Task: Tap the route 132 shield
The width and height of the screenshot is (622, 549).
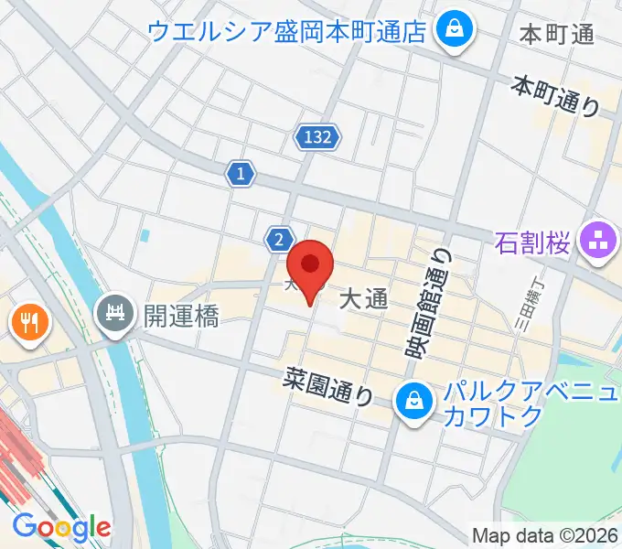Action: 317,138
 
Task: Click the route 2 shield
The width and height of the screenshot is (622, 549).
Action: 278,240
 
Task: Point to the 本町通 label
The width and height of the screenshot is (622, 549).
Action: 556,35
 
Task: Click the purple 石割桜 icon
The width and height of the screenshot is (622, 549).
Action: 598,242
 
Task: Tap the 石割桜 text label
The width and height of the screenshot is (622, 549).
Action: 533,243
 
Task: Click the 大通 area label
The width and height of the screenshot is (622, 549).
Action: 364,298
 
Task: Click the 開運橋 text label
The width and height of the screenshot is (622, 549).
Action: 181,317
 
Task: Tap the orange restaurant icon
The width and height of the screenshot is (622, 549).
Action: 28,321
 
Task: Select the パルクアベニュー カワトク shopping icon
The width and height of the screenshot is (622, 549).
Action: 414,400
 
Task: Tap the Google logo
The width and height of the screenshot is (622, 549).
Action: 61,527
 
